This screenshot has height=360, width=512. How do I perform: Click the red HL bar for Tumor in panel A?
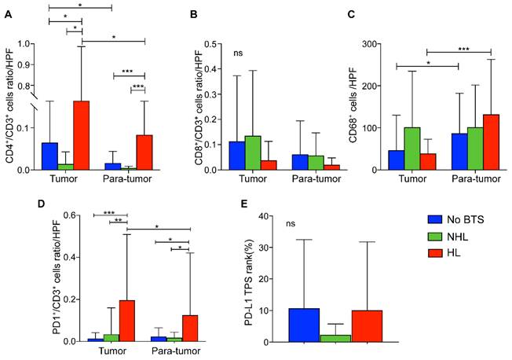(x=82, y=135)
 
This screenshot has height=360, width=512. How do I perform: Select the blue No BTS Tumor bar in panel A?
(x=49, y=156)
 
